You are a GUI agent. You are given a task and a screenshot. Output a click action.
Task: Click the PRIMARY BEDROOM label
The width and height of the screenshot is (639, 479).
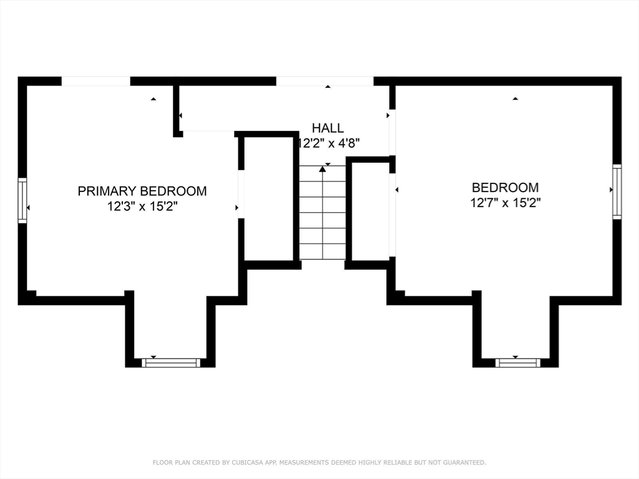(x=142, y=191)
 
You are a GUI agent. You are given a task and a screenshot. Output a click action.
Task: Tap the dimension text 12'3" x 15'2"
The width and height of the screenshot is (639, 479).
(x=142, y=206)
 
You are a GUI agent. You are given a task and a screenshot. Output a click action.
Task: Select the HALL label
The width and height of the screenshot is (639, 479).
(x=328, y=128)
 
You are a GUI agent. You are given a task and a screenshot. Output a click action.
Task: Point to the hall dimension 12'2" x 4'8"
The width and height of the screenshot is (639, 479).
(x=329, y=143)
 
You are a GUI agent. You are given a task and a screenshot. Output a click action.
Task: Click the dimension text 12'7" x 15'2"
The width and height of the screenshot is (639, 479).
(x=505, y=202)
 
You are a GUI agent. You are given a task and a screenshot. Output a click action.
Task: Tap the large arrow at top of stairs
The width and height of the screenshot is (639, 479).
(x=322, y=169)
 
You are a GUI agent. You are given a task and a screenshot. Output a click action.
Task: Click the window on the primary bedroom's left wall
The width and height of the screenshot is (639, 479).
(x=22, y=200)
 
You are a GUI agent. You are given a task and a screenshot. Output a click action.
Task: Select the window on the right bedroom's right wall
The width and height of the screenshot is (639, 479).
(x=617, y=191)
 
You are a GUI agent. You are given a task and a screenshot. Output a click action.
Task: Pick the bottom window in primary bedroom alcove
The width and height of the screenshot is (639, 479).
(x=171, y=362)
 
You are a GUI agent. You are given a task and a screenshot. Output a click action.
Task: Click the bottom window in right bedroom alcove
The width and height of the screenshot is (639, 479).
(x=517, y=362)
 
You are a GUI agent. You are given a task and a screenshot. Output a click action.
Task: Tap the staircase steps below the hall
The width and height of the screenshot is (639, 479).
(x=322, y=215)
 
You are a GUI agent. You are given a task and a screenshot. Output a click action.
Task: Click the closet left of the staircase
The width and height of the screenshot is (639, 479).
(x=268, y=198)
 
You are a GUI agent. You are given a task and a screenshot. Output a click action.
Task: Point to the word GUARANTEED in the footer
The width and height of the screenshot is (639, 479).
(x=464, y=463)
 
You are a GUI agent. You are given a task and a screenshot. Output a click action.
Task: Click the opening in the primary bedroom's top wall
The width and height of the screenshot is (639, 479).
(x=95, y=81)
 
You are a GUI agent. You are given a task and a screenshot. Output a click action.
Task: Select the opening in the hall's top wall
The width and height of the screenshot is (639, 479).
(x=324, y=81)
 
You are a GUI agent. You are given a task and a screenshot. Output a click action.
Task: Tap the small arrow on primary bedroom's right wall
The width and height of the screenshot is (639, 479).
(x=237, y=208)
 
